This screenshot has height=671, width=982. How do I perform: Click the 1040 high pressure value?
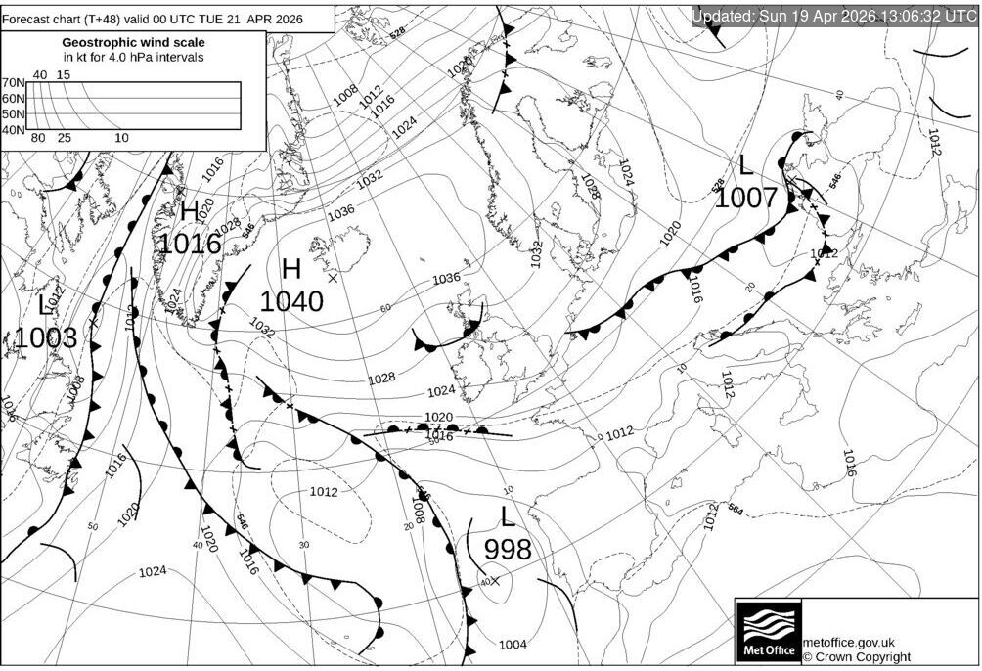(x=291, y=301)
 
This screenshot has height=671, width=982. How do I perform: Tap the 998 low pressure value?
(x=508, y=549)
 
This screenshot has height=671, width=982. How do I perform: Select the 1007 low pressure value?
(x=745, y=198)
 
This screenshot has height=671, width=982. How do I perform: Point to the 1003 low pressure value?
(x=45, y=338)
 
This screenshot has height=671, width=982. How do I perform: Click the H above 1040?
(x=290, y=269)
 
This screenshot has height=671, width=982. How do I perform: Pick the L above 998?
(x=507, y=516)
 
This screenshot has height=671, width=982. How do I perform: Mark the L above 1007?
(x=745, y=165)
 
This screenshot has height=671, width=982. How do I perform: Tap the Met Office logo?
(x=768, y=632)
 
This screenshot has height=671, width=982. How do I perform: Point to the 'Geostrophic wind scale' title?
(x=134, y=42)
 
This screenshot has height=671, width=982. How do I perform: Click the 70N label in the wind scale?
(x=13, y=83)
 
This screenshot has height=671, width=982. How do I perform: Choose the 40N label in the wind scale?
(x=13, y=129)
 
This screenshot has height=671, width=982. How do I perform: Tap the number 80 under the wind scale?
(x=39, y=138)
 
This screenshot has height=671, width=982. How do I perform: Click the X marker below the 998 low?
(x=494, y=581)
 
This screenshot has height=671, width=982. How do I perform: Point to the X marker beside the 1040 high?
(x=333, y=279)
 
